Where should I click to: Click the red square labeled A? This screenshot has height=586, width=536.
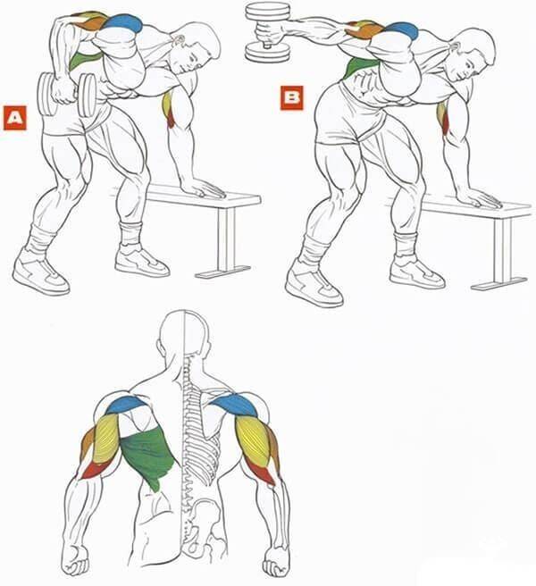point(15,118)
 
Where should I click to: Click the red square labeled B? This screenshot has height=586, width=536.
point(292,98)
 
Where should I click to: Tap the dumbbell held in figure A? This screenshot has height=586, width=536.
point(66,94)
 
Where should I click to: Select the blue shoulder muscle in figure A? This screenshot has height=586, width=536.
point(123,23)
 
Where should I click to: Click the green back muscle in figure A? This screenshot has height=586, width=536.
point(83,60)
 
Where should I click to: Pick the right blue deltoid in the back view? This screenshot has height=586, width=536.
point(236,406)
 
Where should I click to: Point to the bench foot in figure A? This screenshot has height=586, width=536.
point(223,272)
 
